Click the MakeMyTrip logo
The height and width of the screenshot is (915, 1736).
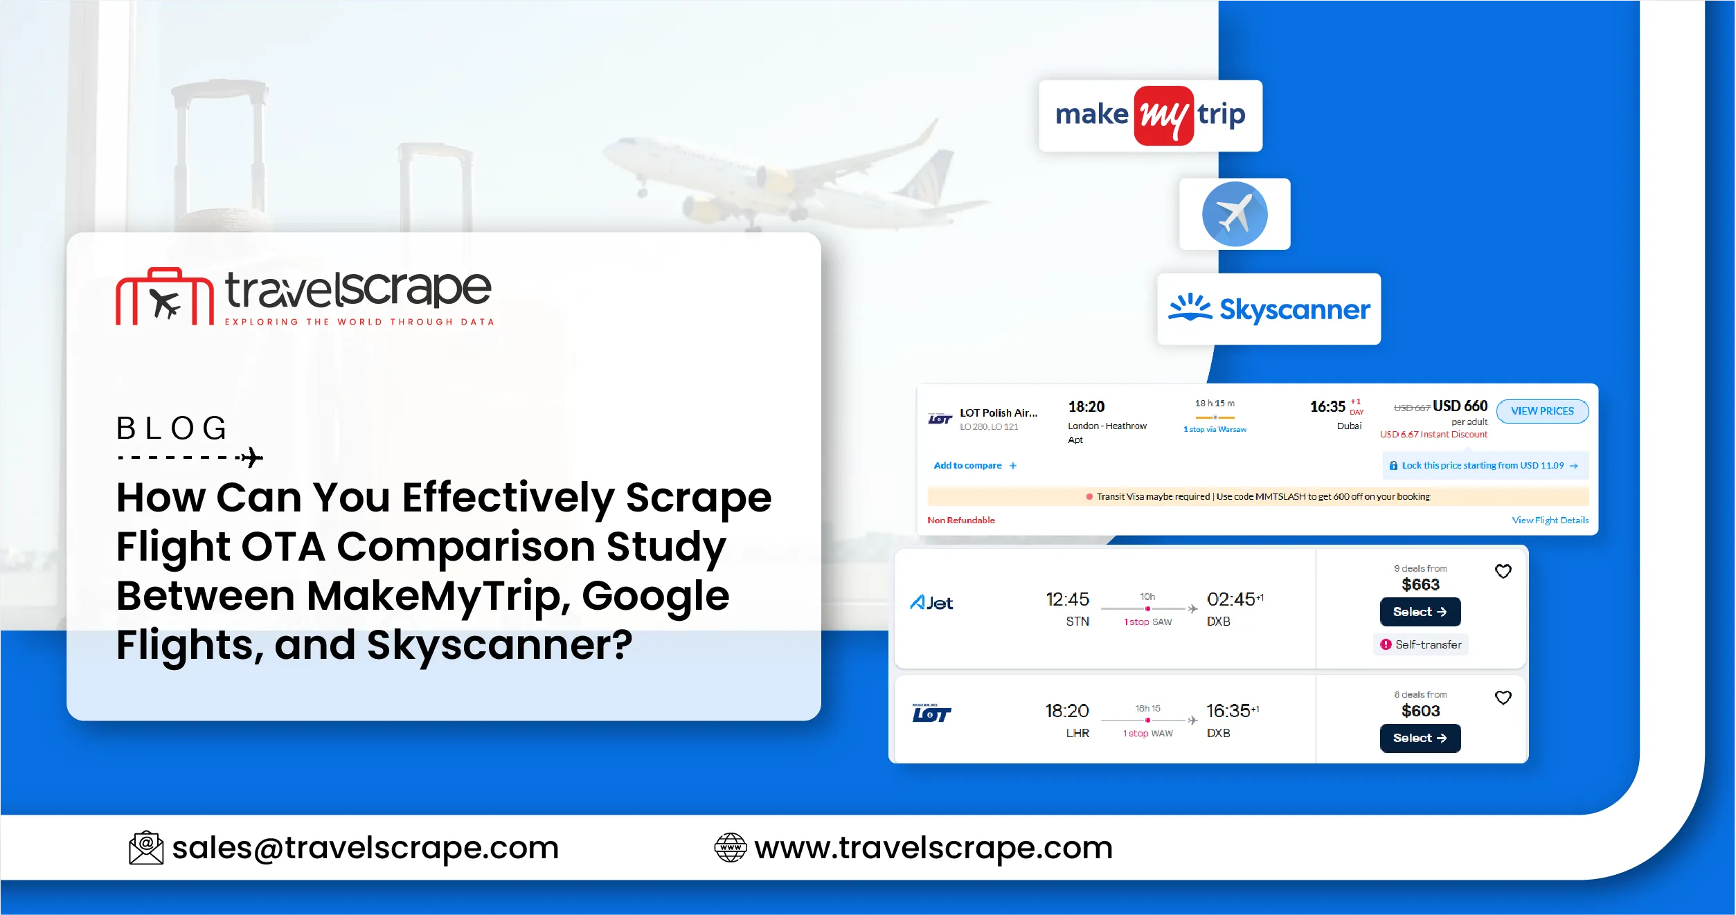pos(1150,116)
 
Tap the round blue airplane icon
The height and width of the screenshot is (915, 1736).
pos(1234,214)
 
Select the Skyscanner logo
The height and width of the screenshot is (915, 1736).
pos(1269,309)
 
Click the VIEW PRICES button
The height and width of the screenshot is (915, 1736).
pos(1541,411)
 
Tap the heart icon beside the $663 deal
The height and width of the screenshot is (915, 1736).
pos(1503,572)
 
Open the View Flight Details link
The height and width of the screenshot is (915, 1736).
pos(1550,520)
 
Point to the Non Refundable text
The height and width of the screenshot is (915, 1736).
pos(960,520)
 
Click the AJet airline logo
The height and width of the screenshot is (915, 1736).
pos(931,603)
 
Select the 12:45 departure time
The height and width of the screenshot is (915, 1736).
pos(1066,599)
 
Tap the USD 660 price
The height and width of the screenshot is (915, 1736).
pos(1460,406)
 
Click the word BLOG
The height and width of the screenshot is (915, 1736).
pos(172,428)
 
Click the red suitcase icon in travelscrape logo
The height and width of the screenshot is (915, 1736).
pos(165,297)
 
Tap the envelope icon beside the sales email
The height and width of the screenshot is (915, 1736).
pos(146,848)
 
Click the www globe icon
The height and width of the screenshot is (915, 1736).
pos(730,848)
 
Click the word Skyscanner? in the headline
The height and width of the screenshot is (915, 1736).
pos(499,646)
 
